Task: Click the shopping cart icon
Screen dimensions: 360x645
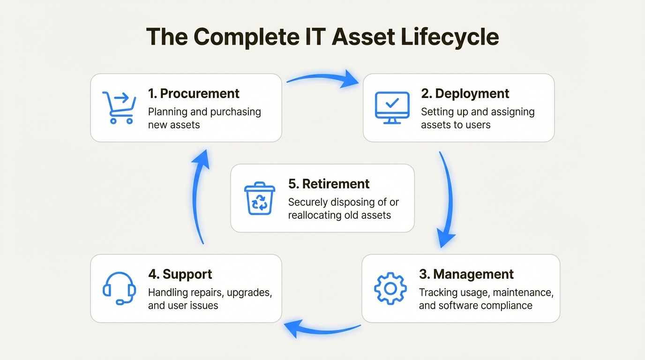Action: tap(119, 108)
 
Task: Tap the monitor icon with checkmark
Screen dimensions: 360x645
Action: tap(392, 108)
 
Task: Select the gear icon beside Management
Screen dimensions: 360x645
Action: tap(390, 288)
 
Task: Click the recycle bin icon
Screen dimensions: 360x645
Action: tap(258, 198)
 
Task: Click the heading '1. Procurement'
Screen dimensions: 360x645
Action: tap(194, 93)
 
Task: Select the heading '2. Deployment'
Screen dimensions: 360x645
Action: tap(465, 93)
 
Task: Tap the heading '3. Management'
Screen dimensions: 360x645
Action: tap(466, 274)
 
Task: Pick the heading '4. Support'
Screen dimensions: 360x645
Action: tap(180, 274)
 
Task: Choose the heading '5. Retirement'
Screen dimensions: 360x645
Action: tap(329, 184)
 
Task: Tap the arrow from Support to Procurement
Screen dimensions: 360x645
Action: tap(199, 197)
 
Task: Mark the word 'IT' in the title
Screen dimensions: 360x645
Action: tap(314, 37)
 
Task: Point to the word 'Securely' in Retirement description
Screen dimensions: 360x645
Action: tap(309, 202)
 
